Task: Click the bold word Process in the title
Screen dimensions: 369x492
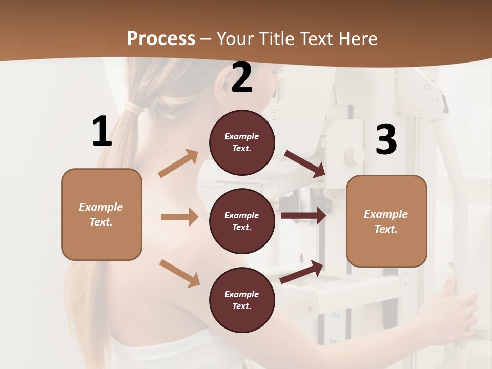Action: click(x=161, y=38)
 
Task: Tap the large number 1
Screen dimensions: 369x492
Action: click(x=102, y=131)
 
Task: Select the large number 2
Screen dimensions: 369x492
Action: click(x=242, y=77)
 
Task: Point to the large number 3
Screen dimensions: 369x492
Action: click(x=386, y=139)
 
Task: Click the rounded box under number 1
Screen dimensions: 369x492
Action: click(x=101, y=214)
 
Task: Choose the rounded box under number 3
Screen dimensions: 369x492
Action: click(x=386, y=221)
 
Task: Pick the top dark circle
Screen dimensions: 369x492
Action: click(x=242, y=142)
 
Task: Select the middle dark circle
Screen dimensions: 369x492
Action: click(x=242, y=221)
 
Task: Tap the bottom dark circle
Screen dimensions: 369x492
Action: click(x=242, y=300)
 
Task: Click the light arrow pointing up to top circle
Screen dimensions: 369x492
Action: click(x=178, y=163)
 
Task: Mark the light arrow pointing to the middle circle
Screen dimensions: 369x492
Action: click(x=179, y=217)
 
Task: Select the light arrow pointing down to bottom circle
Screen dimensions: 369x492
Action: click(x=179, y=273)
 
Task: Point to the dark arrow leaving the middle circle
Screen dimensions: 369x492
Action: click(x=303, y=215)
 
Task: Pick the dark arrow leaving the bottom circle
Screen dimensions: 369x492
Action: click(x=302, y=272)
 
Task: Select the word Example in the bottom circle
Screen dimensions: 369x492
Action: click(x=242, y=294)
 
